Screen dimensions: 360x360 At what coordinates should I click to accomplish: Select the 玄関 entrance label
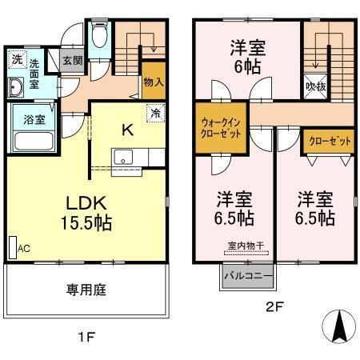point(71,60)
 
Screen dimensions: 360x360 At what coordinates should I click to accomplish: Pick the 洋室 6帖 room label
point(246,56)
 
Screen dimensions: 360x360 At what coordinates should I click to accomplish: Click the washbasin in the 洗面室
point(18,86)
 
